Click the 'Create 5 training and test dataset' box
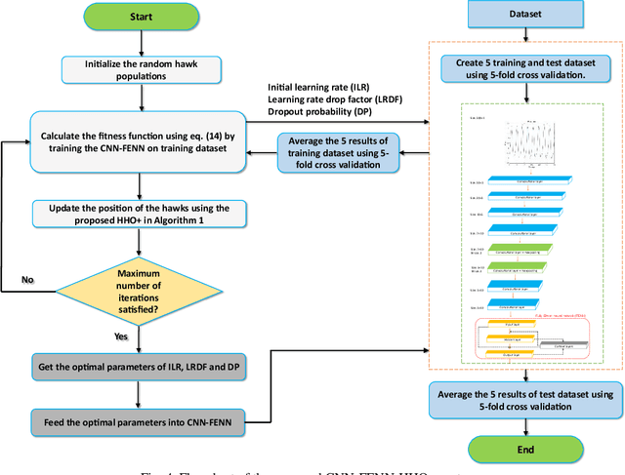526,67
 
